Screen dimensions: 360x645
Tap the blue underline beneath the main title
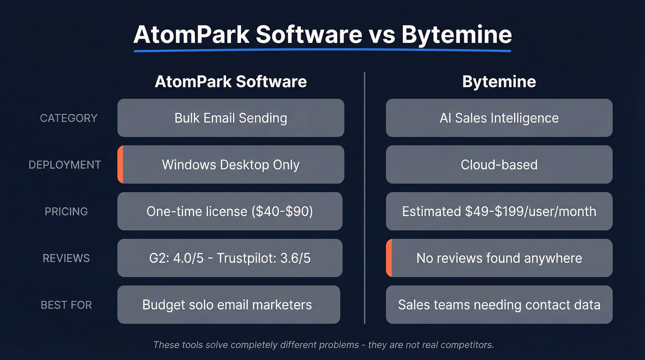322,50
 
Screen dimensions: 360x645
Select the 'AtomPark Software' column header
230,82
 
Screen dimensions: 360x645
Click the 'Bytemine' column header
499,82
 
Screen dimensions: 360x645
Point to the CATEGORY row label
69,118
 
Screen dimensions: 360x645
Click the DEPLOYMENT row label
64,165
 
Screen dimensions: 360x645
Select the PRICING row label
66,212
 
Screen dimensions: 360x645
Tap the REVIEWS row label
66,258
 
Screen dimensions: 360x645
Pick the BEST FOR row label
66,305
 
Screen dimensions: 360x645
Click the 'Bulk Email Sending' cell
230,118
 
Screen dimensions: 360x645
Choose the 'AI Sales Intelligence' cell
499,118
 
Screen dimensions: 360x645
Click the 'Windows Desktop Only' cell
230,165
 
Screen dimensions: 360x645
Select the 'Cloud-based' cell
499,165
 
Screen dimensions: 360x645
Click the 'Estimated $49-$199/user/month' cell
499,212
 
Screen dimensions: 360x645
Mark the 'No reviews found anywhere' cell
499,258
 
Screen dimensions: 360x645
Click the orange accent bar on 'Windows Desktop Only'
120,165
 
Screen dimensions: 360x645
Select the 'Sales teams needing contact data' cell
499,305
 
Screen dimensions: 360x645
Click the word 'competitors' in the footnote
466,345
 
